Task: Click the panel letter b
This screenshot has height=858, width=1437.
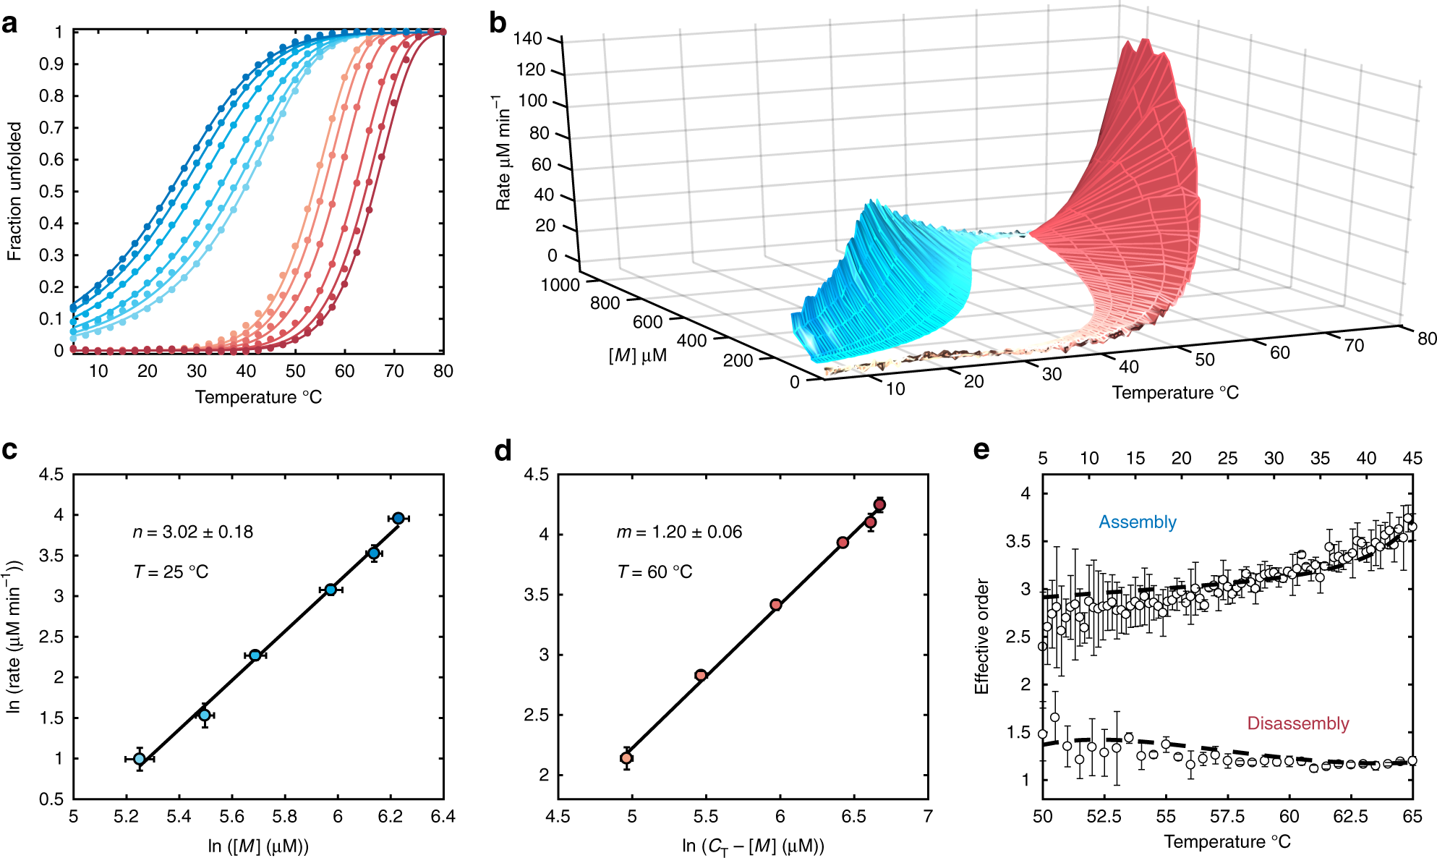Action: coord(498,24)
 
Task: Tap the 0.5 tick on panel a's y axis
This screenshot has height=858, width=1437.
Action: coord(51,192)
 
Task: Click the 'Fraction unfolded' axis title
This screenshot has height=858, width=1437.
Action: coord(14,191)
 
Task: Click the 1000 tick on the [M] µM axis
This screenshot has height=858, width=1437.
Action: coord(560,285)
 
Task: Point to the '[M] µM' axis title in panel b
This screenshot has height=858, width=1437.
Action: coord(637,356)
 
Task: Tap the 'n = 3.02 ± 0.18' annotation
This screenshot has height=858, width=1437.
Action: coord(193,532)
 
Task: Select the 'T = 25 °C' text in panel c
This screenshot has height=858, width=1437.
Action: coord(171,572)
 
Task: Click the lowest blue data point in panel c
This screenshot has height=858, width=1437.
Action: coord(140,759)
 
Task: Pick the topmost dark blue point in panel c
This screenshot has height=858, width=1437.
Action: coord(398,518)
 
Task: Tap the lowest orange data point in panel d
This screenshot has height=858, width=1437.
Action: coord(626,757)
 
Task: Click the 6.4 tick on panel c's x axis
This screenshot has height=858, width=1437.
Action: coord(443,817)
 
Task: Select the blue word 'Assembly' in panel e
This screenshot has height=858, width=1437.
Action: coord(1138,522)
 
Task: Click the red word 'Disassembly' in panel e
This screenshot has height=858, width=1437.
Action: coord(1298,723)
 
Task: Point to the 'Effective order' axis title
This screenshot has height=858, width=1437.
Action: coord(981,636)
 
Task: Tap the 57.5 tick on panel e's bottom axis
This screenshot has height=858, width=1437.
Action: coord(1227,817)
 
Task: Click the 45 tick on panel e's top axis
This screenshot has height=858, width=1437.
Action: coord(1412,458)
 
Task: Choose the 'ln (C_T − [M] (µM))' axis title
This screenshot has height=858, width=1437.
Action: coord(753,846)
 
